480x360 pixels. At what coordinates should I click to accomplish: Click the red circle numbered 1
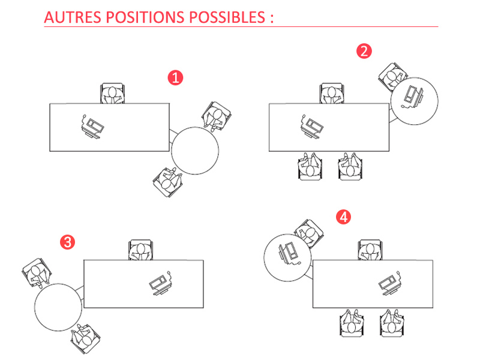[175, 77]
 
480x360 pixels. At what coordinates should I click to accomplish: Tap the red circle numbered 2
[364, 51]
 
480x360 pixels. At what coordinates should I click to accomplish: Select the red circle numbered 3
[68, 242]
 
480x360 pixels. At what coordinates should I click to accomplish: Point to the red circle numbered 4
[344, 217]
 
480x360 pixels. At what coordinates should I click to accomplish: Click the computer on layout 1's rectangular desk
[92, 126]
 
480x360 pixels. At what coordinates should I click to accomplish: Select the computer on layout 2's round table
[413, 97]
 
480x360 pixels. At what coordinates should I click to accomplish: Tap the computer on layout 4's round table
[287, 253]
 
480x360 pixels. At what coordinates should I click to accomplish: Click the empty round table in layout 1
[195, 150]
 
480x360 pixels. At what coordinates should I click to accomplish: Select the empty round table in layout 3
[58, 305]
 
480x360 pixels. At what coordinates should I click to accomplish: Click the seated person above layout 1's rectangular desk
[112, 94]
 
